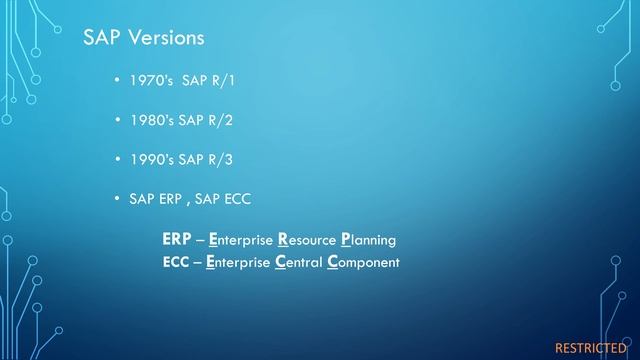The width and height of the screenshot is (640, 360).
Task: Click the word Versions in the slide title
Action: click(x=163, y=38)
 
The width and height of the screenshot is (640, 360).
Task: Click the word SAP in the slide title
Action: click(x=100, y=38)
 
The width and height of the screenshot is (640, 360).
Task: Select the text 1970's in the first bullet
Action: click(x=151, y=79)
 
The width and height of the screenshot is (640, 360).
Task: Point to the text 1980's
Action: click(x=151, y=119)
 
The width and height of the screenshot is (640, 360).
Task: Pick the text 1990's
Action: click(x=151, y=159)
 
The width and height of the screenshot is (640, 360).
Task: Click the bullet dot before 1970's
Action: click(x=119, y=79)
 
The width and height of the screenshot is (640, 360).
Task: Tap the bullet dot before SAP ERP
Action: click(x=119, y=199)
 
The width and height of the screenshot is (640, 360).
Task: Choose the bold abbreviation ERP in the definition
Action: click(x=177, y=241)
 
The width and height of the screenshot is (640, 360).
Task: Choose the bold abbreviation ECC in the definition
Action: click(x=176, y=262)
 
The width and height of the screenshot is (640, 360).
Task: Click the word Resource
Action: click(x=306, y=241)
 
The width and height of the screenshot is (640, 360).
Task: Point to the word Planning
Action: click(x=368, y=241)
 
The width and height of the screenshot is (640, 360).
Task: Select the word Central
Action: click(x=298, y=262)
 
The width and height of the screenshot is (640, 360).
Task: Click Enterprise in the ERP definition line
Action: click(x=240, y=241)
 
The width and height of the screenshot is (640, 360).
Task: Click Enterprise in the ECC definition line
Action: click(x=238, y=262)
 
